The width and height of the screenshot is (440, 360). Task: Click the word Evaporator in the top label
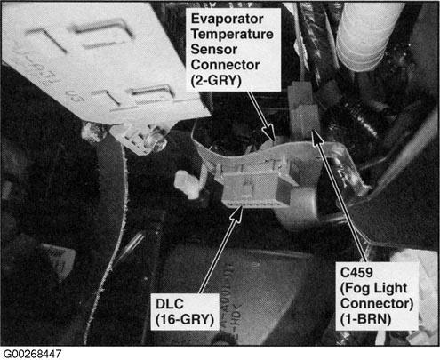click(227, 20)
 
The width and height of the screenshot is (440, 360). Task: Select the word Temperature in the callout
click(232, 34)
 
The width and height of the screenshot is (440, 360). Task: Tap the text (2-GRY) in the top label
click(216, 80)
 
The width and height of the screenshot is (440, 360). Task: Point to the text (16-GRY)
click(185, 319)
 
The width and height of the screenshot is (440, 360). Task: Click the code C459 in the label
click(356, 273)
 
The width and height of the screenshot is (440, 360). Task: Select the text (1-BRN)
click(365, 319)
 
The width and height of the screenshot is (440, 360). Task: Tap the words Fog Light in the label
click(374, 288)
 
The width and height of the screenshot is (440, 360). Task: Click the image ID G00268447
click(32, 354)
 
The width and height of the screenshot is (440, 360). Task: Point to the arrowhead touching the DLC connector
click(237, 213)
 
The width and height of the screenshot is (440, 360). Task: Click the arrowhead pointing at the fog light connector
click(317, 137)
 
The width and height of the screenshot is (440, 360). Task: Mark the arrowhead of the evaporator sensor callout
click(269, 132)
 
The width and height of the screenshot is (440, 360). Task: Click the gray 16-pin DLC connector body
click(255, 189)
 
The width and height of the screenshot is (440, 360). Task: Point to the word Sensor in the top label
click(214, 50)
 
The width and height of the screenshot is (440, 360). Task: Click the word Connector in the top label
click(225, 65)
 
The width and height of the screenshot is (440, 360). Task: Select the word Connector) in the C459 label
click(377, 303)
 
